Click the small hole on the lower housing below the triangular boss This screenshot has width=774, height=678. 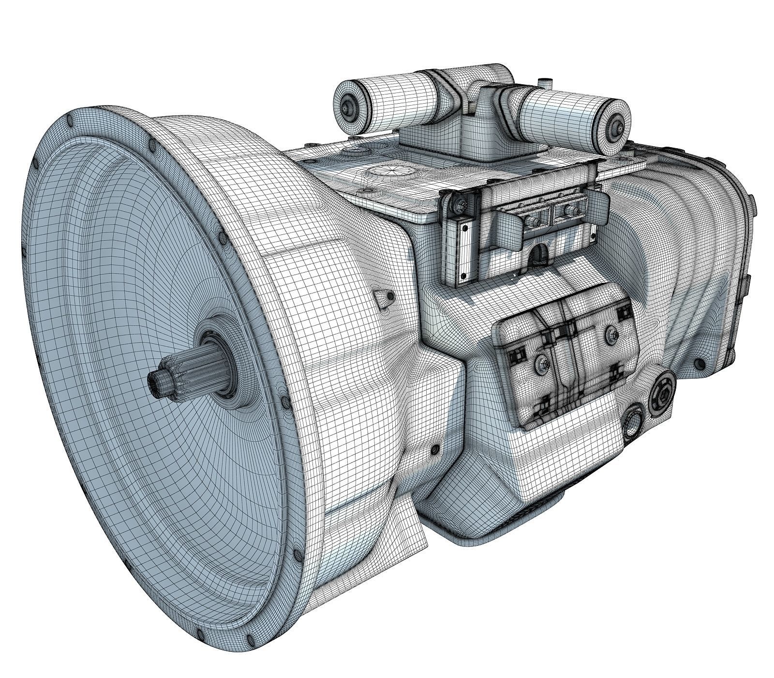pyautogui.click(x=436, y=448)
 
